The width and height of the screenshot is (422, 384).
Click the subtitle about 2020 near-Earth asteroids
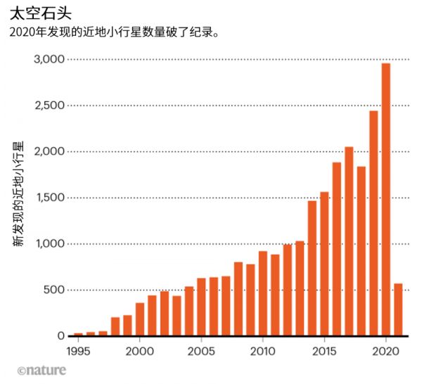pos(113,32)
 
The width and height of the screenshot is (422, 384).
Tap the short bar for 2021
pos(398,309)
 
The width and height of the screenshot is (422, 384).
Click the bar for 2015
pos(324,264)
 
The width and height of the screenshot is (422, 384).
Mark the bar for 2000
pos(140,319)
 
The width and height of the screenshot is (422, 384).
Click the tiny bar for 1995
pos(78,334)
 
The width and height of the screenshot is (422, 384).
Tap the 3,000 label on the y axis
pos(49,60)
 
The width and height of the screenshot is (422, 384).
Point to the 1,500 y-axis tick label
pos(49,198)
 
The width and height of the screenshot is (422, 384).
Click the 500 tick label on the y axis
pos(54,290)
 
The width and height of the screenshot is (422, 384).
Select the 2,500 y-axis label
pos(49,105)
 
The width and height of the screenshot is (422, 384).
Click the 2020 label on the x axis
pos(386,350)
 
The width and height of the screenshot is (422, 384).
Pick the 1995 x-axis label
pos(78,350)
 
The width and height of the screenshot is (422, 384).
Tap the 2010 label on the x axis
pos(263,350)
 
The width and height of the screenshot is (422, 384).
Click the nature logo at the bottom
pos(41,369)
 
